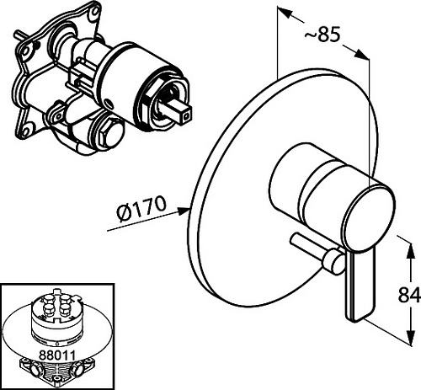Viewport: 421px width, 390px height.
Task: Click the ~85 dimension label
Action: click(322, 35)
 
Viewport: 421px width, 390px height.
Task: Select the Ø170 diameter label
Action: click(141, 208)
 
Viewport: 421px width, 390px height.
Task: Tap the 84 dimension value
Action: click(409, 295)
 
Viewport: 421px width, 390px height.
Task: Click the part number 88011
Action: click(57, 355)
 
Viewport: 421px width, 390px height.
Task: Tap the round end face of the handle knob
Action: click(369, 216)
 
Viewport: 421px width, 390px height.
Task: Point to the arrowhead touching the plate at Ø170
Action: click(184, 211)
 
